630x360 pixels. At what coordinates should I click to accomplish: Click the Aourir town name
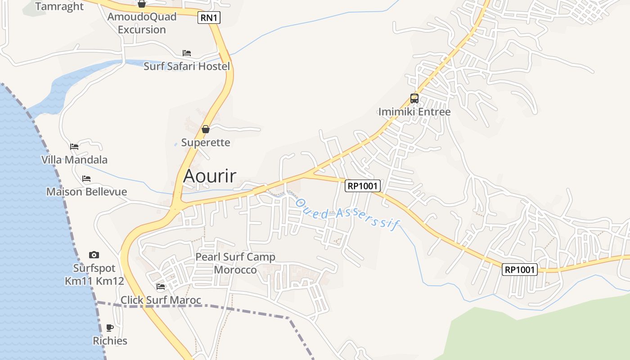pyautogui.click(x=209, y=176)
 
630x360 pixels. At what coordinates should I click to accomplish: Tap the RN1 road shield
pyautogui.click(x=209, y=18)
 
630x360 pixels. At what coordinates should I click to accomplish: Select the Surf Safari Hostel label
pyautogui.click(x=186, y=67)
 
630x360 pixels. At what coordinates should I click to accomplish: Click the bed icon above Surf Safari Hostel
pyautogui.click(x=187, y=53)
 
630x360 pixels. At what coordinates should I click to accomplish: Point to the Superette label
pyautogui.click(x=206, y=143)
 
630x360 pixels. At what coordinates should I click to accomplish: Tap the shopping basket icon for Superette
pyautogui.click(x=206, y=130)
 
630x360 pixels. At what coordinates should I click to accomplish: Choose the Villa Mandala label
pyautogui.click(x=74, y=160)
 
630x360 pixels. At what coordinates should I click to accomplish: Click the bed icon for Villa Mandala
pyautogui.click(x=74, y=147)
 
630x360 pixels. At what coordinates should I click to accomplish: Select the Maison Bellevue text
pyautogui.click(x=86, y=192)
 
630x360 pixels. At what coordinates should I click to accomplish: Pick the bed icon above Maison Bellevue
pyautogui.click(x=86, y=179)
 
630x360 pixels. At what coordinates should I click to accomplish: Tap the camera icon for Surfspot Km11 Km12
pyautogui.click(x=94, y=255)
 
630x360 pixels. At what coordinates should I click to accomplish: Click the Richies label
pyautogui.click(x=110, y=341)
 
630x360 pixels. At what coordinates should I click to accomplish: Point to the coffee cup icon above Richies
pyautogui.click(x=110, y=328)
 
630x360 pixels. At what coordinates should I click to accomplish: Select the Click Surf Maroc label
pyautogui.click(x=161, y=300)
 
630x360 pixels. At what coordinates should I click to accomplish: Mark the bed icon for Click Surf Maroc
pyautogui.click(x=161, y=287)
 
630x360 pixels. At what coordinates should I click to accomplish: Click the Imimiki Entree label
pyautogui.click(x=414, y=112)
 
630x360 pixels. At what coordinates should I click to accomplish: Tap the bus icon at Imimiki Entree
pyautogui.click(x=414, y=98)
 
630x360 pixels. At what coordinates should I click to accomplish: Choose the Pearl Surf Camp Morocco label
pyautogui.click(x=235, y=263)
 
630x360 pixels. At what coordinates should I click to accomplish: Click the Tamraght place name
pyautogui.click(x=59, y=6)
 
